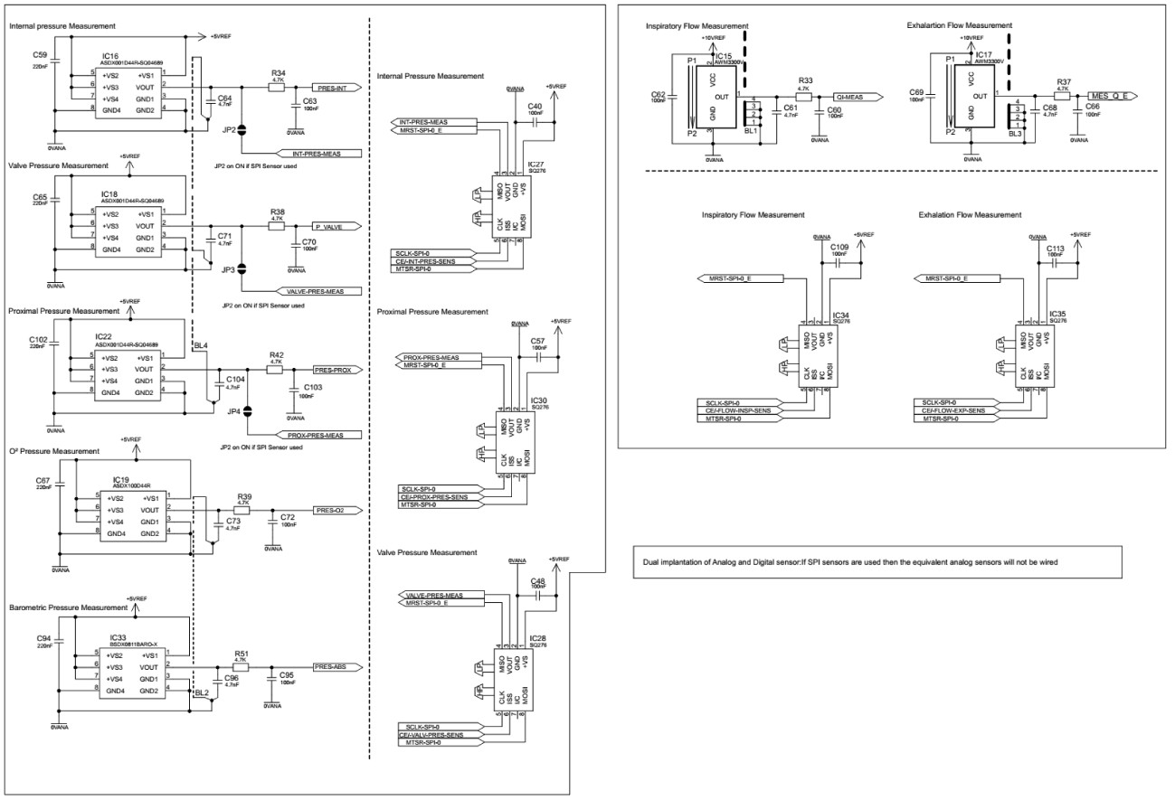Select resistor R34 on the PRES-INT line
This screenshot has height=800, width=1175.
(x=278, y=88)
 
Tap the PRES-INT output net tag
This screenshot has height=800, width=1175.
(x=336, y=88)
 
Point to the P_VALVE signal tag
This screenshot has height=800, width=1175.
(x=335, y=226)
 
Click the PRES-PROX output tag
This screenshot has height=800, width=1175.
(x=336, y=370)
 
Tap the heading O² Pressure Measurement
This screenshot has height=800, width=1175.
(x=54, y=451)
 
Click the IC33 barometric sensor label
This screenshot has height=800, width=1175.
(x=109, y=637)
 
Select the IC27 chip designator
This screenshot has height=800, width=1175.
(x=534, y=165)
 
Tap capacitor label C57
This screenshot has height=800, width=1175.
(x=537, y=340)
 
